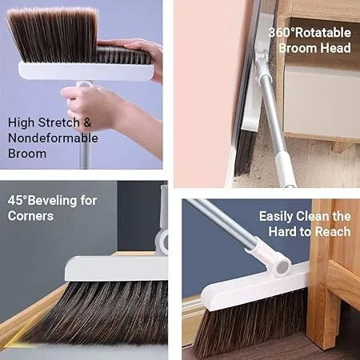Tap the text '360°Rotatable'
point(309,32)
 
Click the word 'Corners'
point(31,216)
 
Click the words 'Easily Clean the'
point(305,216)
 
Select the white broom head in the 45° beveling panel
point(113,268)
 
